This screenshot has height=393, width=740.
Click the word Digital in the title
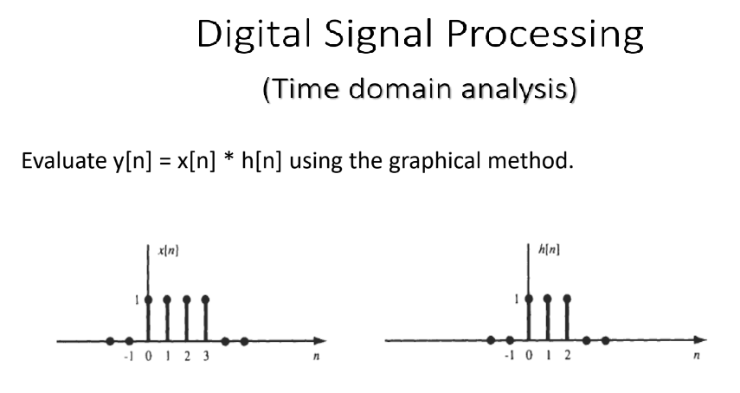coord(254,34)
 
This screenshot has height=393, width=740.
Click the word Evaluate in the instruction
coord(64,160)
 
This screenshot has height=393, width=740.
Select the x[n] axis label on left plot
coord(169,250)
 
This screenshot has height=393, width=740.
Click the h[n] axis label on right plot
coord(549,249)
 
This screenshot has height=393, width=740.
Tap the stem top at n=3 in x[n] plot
coord(205,300)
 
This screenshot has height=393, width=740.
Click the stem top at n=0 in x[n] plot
coord(148,300)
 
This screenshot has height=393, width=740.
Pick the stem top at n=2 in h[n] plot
coord(567,298)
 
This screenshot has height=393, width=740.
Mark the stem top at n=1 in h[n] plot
coord(548,298)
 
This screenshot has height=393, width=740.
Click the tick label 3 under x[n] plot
coord(206,356)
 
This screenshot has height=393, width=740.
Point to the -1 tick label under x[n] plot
coord(129,356)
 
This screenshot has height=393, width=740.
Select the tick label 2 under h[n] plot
coord(567,355)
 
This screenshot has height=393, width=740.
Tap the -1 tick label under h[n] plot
coord(509,355)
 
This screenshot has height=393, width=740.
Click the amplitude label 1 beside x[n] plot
coord(137,300)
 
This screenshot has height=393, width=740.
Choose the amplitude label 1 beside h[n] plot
coord(517,300)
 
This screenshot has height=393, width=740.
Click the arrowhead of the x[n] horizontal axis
coord(320,341)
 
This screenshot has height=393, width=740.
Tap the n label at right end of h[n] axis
coord(696,355)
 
